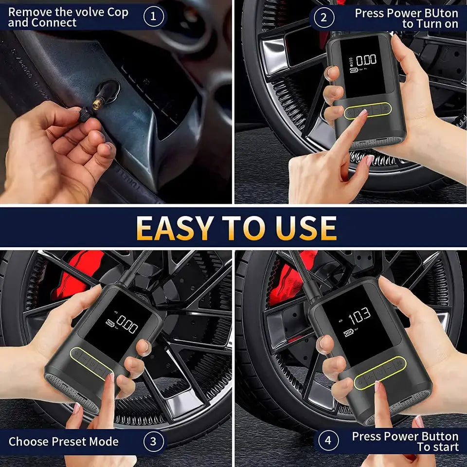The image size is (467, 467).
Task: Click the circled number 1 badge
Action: click(x=154, y=17)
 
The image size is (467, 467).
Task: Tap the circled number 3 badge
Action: click(x=153, y=441)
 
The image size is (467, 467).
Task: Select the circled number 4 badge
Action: click(x=328, y=441)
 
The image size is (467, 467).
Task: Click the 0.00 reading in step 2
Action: click(x=366, y=60)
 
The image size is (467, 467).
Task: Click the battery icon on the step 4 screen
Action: click(x=349, y=333)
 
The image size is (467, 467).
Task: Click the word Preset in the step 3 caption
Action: click(x=68, y=442)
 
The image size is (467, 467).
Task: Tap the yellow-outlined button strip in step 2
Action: click(x=367, y=110)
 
